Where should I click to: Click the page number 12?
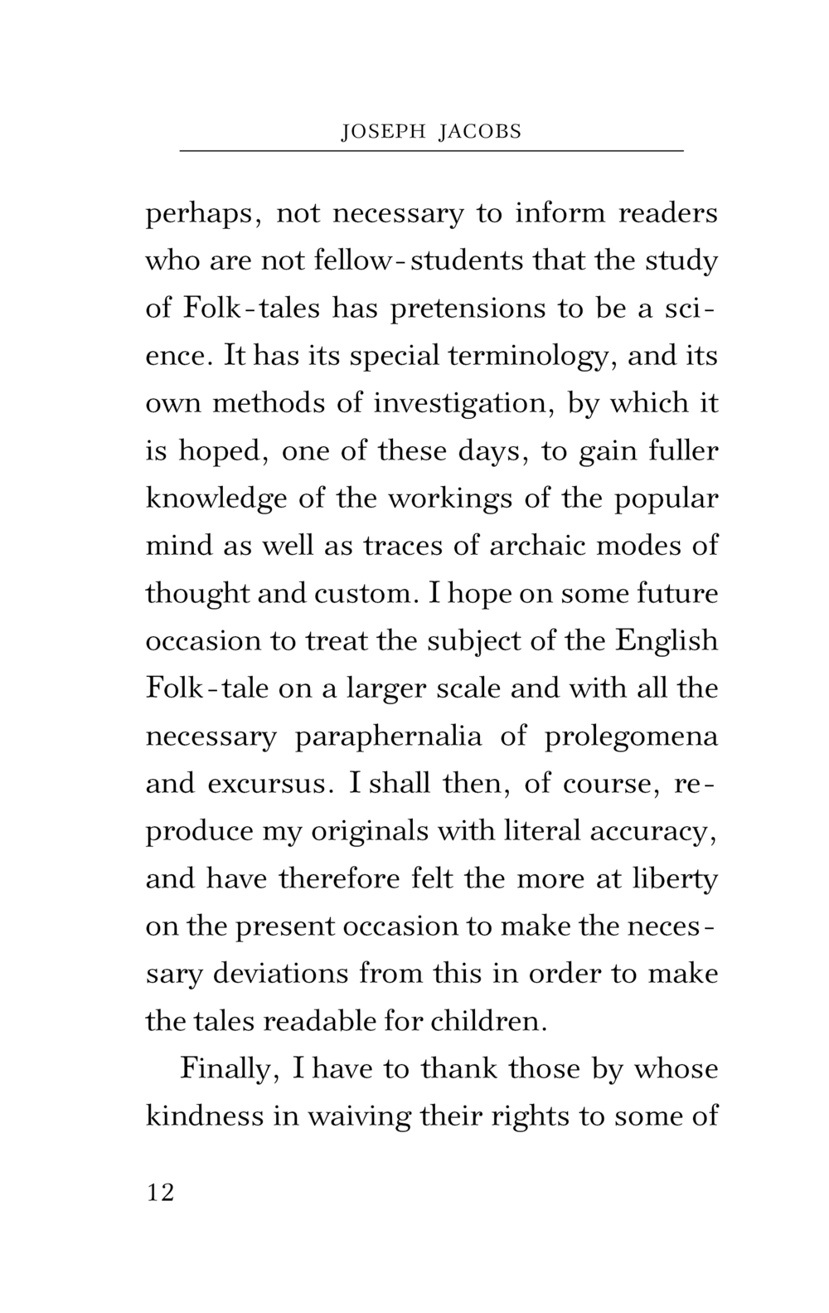pyautogui.click(x=161, y=1193)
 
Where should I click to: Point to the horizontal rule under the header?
pyautogui.click(x=431, y=151)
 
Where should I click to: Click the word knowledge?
pyautogui.click(x=216, y=499)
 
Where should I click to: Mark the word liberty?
pyautogui.click(x=673, y=879)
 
